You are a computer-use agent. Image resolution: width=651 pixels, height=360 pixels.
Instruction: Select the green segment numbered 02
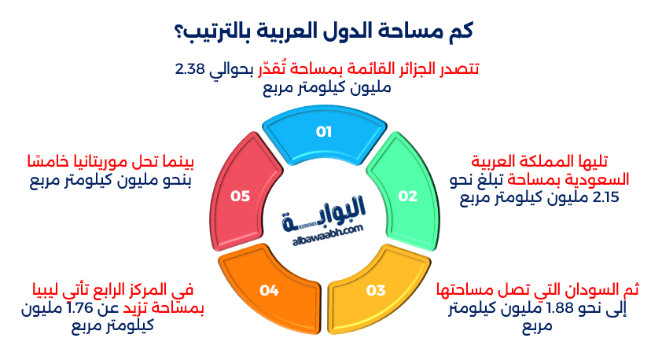[407, 195]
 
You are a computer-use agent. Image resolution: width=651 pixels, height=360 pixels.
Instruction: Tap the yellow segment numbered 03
[376, 291]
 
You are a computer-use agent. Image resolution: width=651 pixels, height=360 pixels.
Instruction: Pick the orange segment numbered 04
[270, 291]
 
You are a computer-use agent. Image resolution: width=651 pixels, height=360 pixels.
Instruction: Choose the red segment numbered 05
[240, 195]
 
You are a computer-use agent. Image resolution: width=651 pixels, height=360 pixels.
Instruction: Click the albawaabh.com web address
[324, 227]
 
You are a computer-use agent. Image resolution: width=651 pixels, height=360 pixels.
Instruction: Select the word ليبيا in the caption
[41, 289]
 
